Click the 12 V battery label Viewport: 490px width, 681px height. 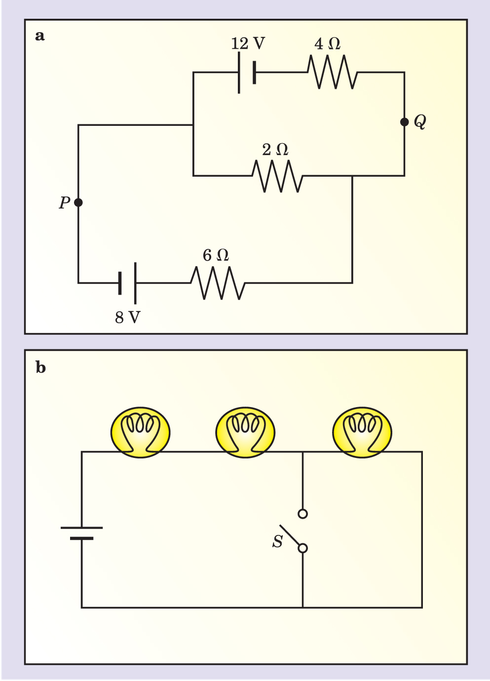[x=248, y=43]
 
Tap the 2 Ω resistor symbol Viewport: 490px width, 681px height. [x=277, y=176]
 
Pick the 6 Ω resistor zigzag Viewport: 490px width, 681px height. [x=218, y=283]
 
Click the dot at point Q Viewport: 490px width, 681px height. [x=404, y=122]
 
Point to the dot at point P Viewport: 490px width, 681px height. [x=78, y=202]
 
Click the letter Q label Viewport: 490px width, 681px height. [x=420, y=121]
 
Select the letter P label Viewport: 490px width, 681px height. [x=64, y=203]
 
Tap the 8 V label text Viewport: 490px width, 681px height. [x=127, y=317]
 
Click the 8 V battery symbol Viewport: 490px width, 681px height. [x=127, y=283]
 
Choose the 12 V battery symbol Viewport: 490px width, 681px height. [x=247, y=73]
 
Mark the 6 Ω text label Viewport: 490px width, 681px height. [x=216, y=255]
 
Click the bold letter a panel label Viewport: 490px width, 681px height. [x=40, y=36]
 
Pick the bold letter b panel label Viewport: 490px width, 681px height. [x=40, y=368]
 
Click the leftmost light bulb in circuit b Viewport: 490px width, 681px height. [x=141, y=432]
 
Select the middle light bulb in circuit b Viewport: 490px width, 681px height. [x=245, y=432]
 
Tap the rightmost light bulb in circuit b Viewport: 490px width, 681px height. [x=362, y=432]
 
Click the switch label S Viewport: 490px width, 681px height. [x=278, y=542]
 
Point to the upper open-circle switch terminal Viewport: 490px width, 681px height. [x=303, y=514]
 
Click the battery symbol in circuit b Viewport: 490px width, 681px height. [x=82, y=533]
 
